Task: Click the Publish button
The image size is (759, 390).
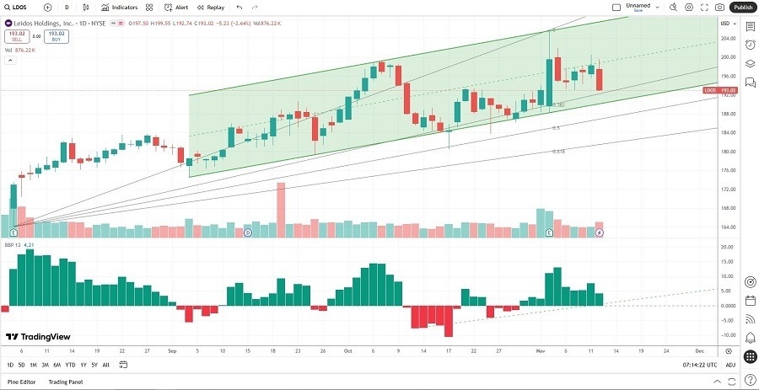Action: pos(742,7)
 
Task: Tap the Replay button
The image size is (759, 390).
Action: pos(211,7)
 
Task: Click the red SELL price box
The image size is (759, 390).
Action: pos(17,36)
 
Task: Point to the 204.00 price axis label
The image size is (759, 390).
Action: pos(725,39)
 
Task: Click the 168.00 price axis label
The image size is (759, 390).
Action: pos(725,208)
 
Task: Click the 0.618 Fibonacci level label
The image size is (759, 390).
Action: pos(558,152)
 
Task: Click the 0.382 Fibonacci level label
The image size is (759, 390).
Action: pos(558,104)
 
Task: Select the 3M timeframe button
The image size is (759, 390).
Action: pos(45,365)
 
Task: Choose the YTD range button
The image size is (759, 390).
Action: pos(70,365)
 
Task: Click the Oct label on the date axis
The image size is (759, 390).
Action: pos(347,350)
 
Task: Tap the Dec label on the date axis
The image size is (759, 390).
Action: pos(699,350)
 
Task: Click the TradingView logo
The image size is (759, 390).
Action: pos(37,336)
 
